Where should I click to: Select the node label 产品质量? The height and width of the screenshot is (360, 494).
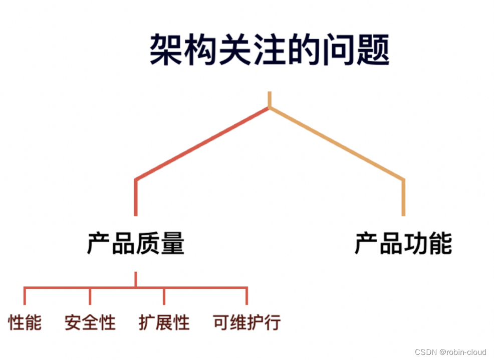point(136,244)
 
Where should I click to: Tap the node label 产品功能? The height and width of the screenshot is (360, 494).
point(403,244)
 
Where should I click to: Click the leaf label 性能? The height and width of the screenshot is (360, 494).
point(25,322)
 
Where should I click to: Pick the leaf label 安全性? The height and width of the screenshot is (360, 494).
point(90,322)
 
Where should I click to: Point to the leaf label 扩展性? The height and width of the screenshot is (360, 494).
point(164,322)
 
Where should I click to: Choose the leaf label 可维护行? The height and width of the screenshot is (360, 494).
point(247,322)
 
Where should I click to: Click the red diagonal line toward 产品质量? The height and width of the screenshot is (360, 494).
point(203,143)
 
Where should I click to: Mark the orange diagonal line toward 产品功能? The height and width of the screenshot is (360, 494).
point(337,143)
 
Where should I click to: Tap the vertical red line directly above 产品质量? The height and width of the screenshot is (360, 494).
point(136,197)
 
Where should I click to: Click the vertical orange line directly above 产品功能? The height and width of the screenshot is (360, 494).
point(403,197)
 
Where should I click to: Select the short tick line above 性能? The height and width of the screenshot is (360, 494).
point(25,296)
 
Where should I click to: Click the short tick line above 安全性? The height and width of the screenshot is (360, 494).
point(90,296)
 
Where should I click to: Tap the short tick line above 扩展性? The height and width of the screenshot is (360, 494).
point(164,296)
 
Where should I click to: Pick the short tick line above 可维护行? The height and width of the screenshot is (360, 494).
point(247,296)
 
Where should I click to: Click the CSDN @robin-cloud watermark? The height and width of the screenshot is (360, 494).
point(451,352)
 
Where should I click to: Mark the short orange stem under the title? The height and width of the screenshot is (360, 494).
point(270,99)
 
